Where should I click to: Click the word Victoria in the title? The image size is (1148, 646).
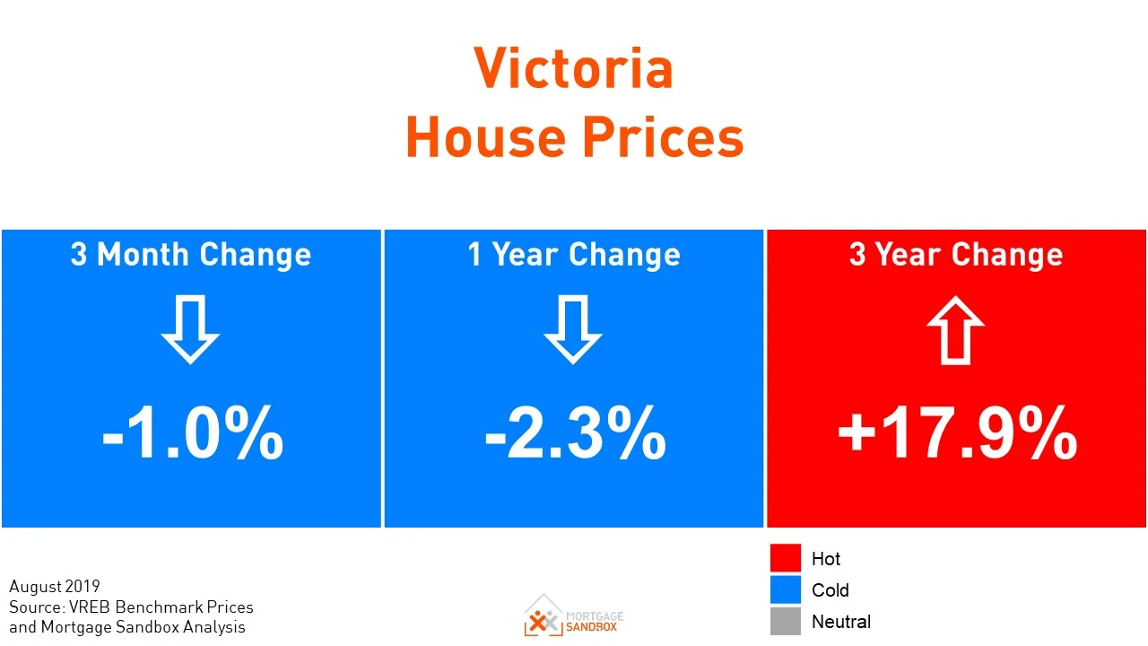(x=573, y=68)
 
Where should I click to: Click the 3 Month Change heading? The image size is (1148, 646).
(x=191, y=255)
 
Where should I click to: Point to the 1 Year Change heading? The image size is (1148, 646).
(x=574, y=255)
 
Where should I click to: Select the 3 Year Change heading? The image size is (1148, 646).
(x=956, y=255)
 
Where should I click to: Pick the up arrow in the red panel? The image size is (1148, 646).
(x=956, y=329)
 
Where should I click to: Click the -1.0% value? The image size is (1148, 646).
(x=193, y=434)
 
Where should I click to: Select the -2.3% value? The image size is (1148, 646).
(x=575, y=434)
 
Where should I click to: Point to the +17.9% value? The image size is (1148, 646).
(x=957, y=434)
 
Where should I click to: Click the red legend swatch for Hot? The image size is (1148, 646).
(x=785, y=558)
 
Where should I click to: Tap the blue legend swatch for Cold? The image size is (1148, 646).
(x=785, y=589)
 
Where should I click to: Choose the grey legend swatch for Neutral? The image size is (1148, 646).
(x=785, y=621)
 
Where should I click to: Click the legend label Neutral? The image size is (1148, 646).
(x=840, y=621)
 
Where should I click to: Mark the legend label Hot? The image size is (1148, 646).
(x=825, y=559)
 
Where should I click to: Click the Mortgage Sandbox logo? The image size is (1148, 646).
(x=574, y=615)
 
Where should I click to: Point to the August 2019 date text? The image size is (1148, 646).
(x=55, y=587)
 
